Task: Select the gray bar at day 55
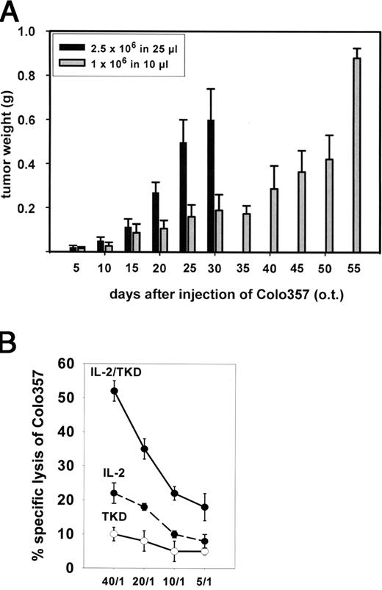pyautogui.click(x=337, y=155)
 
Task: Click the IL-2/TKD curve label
pyautogui.click(x=116, y=373)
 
